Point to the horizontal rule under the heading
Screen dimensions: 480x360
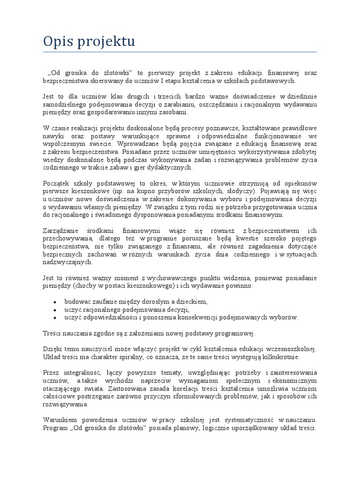click(180, 52)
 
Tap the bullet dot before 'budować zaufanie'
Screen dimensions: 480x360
click(55, 301)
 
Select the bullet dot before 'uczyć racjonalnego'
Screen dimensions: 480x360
click(55, 309)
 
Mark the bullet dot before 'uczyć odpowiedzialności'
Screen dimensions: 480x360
click(55, 317)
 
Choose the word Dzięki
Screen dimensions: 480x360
click(52, 349)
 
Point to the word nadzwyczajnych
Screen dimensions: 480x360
click(65, 263)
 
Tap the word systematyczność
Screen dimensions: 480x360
click(241, 420)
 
